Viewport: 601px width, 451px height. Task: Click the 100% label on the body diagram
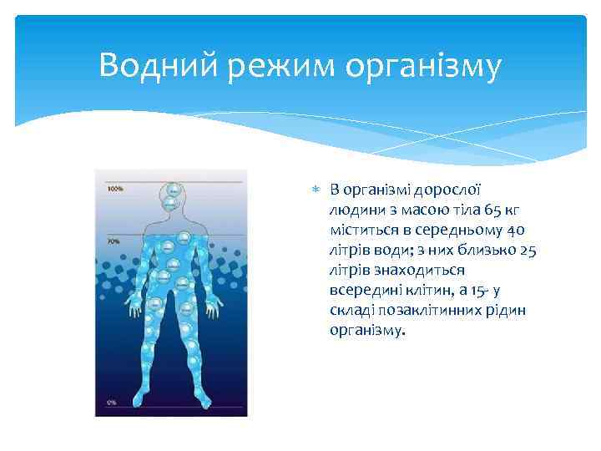point(115,190)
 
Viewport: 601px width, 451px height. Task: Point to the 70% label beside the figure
point(113,241)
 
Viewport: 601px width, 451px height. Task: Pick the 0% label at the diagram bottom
point(111,403)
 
